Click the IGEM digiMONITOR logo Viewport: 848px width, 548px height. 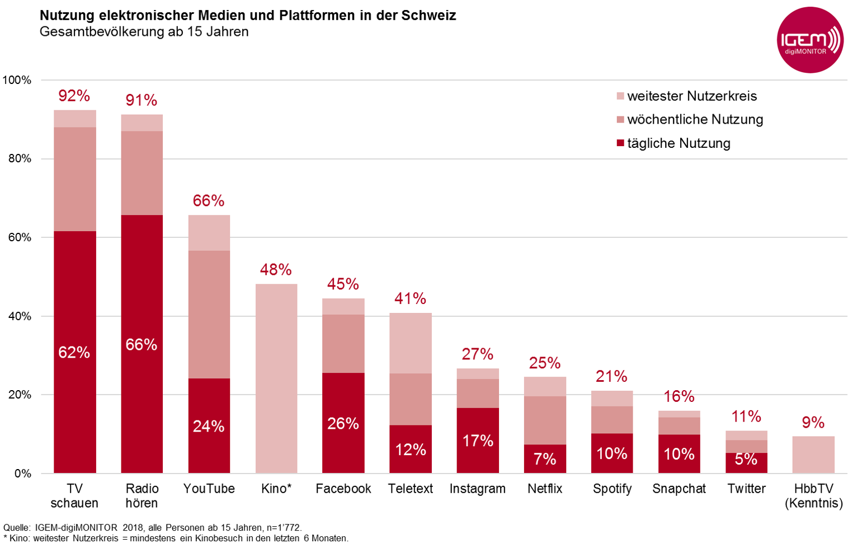[810, 40]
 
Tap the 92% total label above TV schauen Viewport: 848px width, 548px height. [74, 96]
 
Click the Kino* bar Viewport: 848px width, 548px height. [276, 378]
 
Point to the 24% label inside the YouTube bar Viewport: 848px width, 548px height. [209, 427]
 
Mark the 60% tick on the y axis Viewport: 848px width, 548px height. [20, 237]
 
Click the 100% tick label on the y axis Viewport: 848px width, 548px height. [17, 80]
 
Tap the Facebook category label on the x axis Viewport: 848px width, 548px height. [343, 489]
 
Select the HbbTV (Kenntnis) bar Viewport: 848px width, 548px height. [813, 455]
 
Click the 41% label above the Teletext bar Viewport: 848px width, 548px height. [410, 298]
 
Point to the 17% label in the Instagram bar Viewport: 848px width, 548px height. [478, 441]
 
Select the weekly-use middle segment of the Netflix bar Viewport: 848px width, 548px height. [545, 420]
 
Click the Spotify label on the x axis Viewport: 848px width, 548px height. [612, 489]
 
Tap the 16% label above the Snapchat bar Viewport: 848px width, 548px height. [679, 397]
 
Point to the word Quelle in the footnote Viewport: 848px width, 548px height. [16, 527]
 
